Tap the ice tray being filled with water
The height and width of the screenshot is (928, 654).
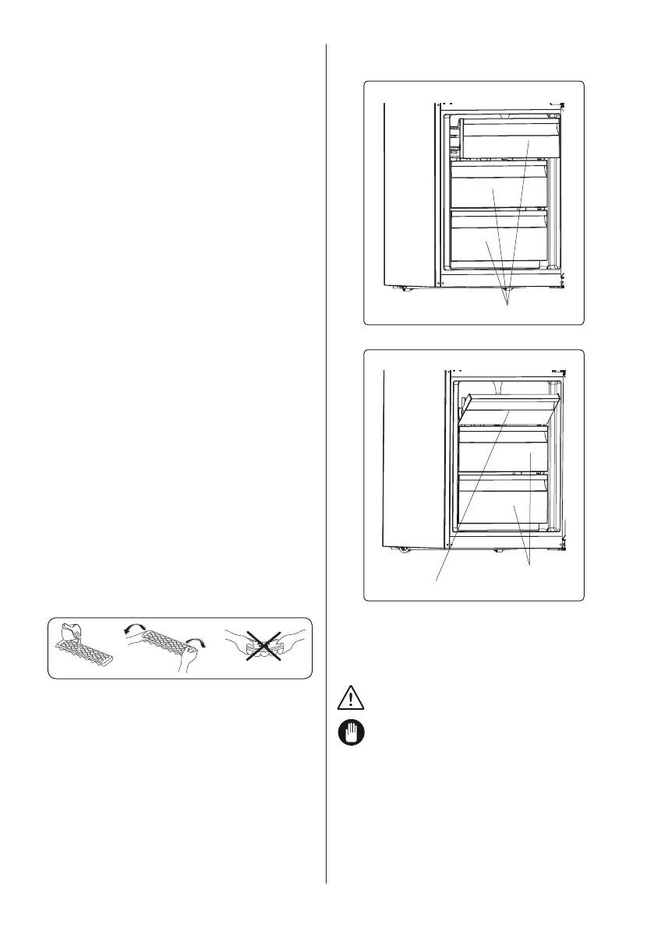[82, 655]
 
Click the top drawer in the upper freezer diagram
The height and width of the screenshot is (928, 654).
[510, 139]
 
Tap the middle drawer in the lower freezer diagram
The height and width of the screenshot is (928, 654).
[505, 452]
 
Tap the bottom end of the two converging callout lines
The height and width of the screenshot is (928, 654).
[531, 566]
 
